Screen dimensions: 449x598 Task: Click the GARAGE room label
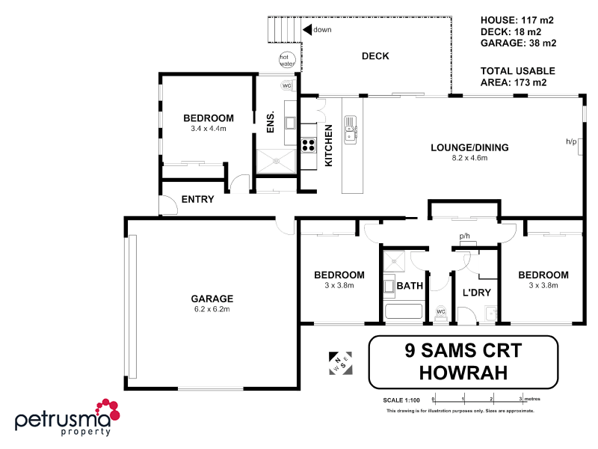(x=212, y=298)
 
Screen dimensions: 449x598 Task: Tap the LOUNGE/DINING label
(x=469, y=147)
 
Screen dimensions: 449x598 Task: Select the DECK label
(x=375, y=56)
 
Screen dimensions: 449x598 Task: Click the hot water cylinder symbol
(x=286, y=60)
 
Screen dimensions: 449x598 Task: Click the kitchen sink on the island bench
(x=350, y=132)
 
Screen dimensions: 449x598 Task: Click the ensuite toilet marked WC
(x=287, y=85)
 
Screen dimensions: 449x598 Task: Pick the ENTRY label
(x=198, y=200)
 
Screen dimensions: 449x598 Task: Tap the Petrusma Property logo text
(x=64, y=421)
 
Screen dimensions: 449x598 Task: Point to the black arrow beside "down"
(x=306, y=29)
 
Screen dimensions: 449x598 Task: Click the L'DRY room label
(x=476, y=292)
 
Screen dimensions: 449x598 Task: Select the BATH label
(x=410, y=286)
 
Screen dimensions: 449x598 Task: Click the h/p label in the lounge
(x=572, y=141)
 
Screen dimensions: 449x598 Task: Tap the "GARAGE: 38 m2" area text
(x=518, y=43)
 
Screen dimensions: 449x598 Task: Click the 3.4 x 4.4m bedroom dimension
(x=209, y=129)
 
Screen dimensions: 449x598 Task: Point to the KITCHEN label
(x=328, y=145)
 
